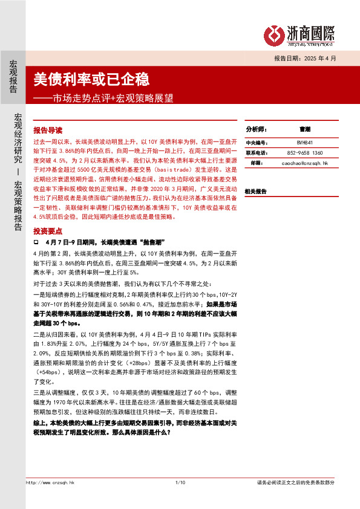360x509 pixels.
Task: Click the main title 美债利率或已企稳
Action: click(91, 79)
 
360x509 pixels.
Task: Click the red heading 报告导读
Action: click(48, 130)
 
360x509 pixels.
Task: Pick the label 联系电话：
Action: click(257, 153)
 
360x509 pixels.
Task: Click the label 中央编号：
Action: click(257, 143)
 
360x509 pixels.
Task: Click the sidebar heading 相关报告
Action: click(255, 191)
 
